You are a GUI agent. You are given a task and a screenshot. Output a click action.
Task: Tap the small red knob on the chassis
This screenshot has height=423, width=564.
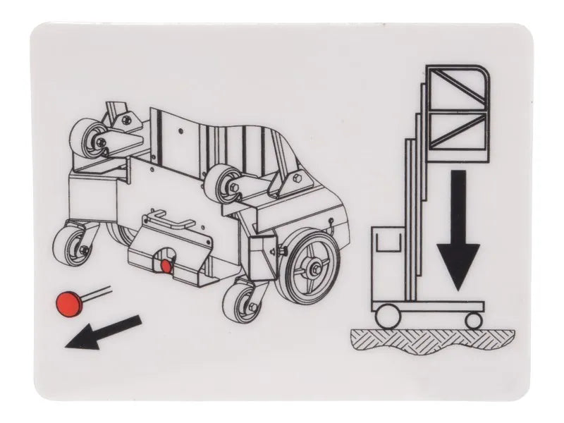(x=167, y=266)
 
